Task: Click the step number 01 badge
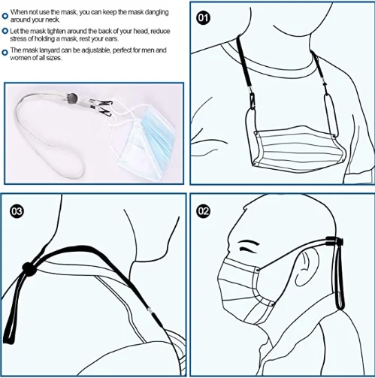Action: point(203,18)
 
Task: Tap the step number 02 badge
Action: point(203,211)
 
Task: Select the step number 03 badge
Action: point(17,211)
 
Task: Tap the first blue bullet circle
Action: point(5,17)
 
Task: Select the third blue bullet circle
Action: point(5,53)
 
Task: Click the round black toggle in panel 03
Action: point(29,269)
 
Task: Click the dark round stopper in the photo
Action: point(72,98)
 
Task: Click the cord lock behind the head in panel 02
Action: point(334,241)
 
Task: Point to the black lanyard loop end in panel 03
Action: point(8,337)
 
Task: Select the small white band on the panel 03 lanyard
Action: point(150,311)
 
